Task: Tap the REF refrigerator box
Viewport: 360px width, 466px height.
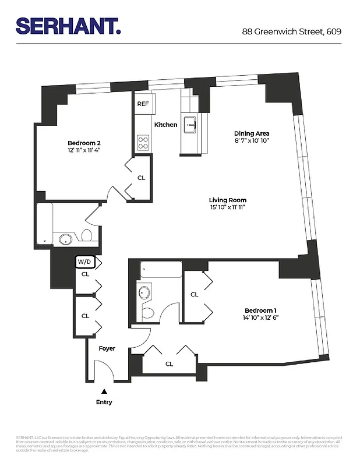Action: point(143,104)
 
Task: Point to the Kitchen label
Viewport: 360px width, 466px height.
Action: point(165,125)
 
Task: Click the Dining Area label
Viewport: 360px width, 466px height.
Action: point(252,133)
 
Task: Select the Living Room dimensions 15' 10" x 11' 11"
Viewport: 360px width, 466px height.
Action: point(228,208)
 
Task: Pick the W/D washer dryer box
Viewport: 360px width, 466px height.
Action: point(84,262)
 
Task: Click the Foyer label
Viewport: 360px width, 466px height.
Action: point(107,348)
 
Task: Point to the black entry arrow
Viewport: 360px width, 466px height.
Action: point(104,392)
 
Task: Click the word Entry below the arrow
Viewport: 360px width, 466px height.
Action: point(104,403)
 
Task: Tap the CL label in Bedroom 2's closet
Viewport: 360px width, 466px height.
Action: point(141,178)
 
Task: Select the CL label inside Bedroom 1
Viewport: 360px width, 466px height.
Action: point(195,294)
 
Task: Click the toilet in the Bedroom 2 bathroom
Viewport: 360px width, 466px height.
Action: point(86,236)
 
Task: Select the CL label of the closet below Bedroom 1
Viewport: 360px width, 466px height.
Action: point(169,364)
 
